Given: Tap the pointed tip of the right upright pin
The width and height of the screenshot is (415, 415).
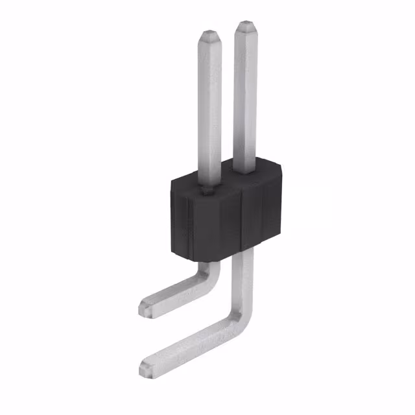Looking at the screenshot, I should pos(246,26).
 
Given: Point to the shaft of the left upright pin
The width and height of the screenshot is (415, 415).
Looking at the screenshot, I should pos(210,110).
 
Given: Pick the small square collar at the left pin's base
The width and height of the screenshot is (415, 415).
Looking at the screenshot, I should pos(207,190).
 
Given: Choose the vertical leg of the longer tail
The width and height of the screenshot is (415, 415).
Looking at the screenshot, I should pos(246,279).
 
